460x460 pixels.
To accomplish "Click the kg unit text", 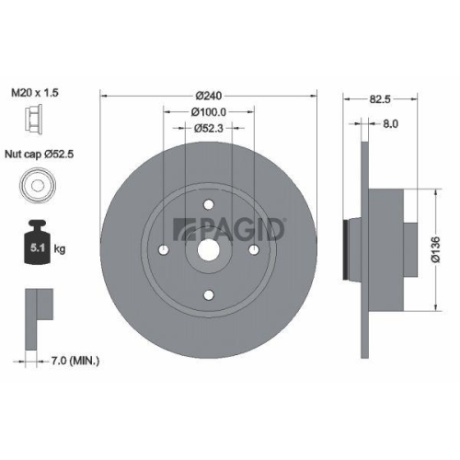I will point(60,247).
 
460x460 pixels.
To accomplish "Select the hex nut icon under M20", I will point(29,122).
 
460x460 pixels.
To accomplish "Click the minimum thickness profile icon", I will point(33,312).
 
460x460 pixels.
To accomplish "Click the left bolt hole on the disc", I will point(163,248).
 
